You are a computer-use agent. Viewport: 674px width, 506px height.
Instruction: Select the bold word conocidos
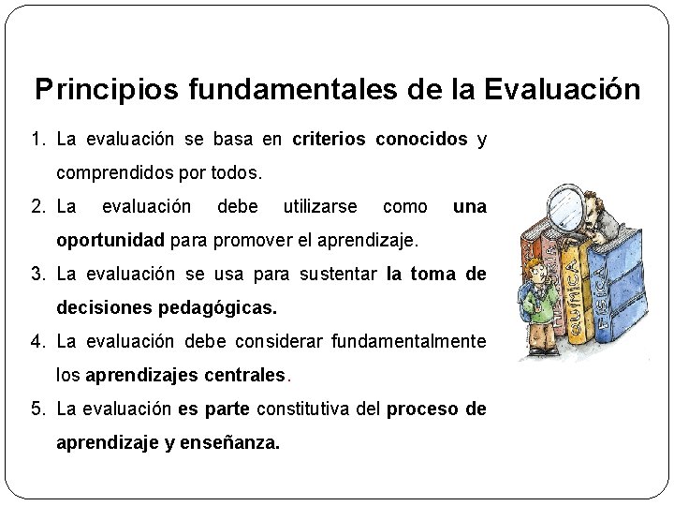(x=421, y=141)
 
